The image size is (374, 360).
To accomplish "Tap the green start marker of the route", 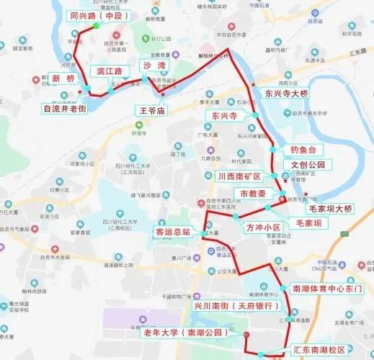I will point(95,27).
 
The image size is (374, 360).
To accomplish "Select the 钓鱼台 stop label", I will point(303,150).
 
